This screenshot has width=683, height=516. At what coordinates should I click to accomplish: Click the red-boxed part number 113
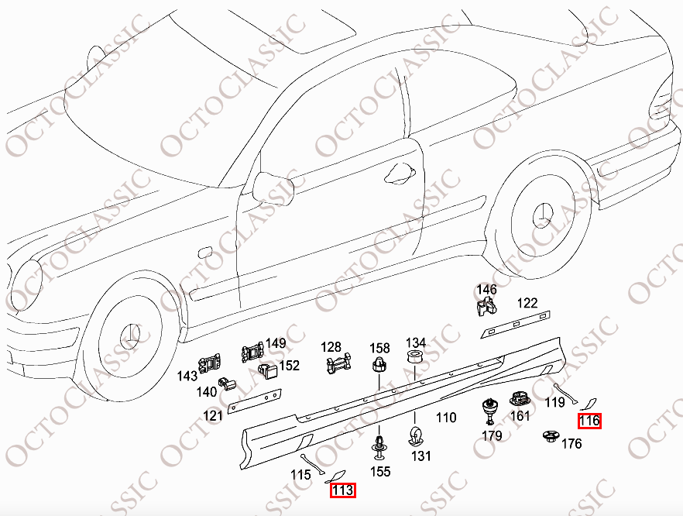pyautogui.click(x=343, y=490)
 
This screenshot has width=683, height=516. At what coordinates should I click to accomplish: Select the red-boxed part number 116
pyautogui.click(x=590, y=421)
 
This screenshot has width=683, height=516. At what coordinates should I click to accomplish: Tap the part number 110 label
pyautogui.click(x=446, y=418)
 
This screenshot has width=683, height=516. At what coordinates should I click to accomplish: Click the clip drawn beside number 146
pyautogui.click(x=486, y=305)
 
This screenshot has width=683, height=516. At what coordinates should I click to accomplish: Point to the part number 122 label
pyautogui.click(x=527, y=303)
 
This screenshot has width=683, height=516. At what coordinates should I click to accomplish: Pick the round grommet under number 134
pyautogui.click(x=415, y=357)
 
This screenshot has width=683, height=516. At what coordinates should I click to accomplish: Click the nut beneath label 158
pyautogui.click(x=379, y=364)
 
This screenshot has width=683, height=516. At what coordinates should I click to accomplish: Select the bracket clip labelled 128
pyautogui.click(x=338, y=363)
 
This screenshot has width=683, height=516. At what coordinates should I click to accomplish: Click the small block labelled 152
pyautogui.click(x=268, y=371)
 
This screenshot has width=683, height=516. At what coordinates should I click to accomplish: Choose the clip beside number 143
pyautogui.click(x=210, y=364)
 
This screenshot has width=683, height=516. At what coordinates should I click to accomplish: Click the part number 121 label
pyautogui.click(x=213, y=415)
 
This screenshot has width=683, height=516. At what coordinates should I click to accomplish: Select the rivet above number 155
pyautogui.click(x=379, y=448)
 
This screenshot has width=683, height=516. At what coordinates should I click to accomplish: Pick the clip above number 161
pyautogui.click(x=519, y=399)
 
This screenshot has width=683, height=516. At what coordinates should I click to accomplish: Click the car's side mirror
pyautogui.click(x=273, y=187)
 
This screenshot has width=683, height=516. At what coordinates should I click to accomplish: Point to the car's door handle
pyautogui.click(x=400, y=173)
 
